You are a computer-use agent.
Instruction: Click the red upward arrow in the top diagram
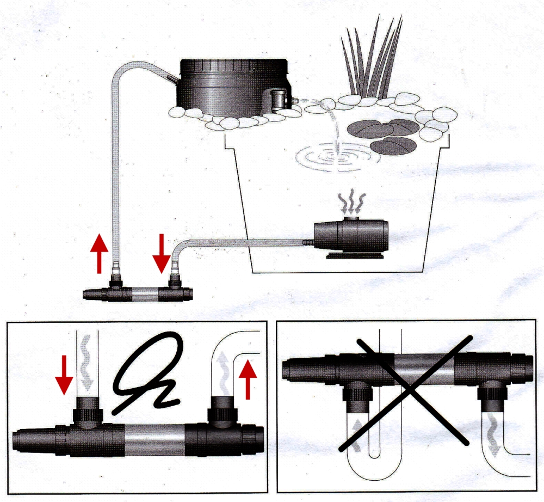98,254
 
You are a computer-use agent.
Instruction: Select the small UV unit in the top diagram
139,294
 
